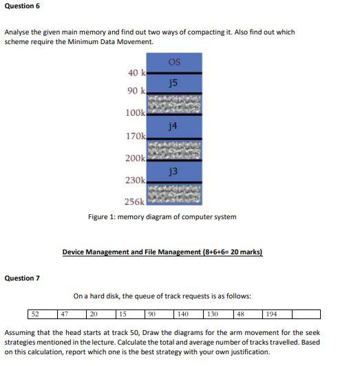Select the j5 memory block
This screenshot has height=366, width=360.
pos(173,83)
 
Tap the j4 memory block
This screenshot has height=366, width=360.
pos(173,126)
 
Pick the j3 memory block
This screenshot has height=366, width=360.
pos(173,170)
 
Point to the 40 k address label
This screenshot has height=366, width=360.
pos(136,73)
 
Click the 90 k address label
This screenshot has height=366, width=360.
pos(136,91)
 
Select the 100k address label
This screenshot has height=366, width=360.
pos(135,112)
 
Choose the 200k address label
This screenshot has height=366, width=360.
pos(135,158)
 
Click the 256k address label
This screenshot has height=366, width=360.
pos(134,201)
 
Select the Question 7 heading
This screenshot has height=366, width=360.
pos(22,278)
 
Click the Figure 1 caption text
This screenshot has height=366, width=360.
pos(162,216)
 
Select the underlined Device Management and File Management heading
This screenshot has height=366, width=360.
pos(162,252)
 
